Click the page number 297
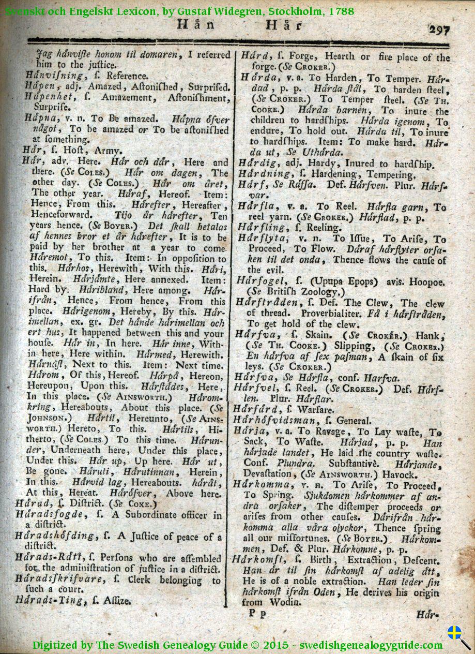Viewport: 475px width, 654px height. pos(439,29)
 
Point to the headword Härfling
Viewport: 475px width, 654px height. pos(261,227)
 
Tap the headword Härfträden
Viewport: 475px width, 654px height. pos(268,303)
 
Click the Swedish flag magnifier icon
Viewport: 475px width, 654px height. pos(457,635)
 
